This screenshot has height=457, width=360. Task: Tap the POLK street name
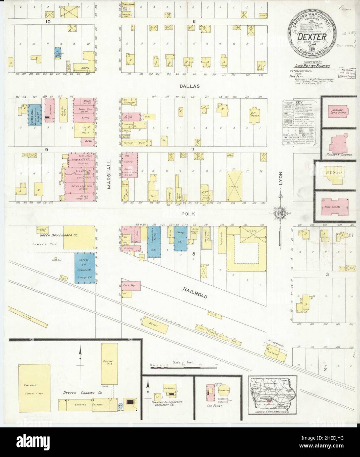190,214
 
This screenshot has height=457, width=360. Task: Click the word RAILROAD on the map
195,293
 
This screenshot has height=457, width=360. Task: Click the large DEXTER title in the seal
312,37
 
